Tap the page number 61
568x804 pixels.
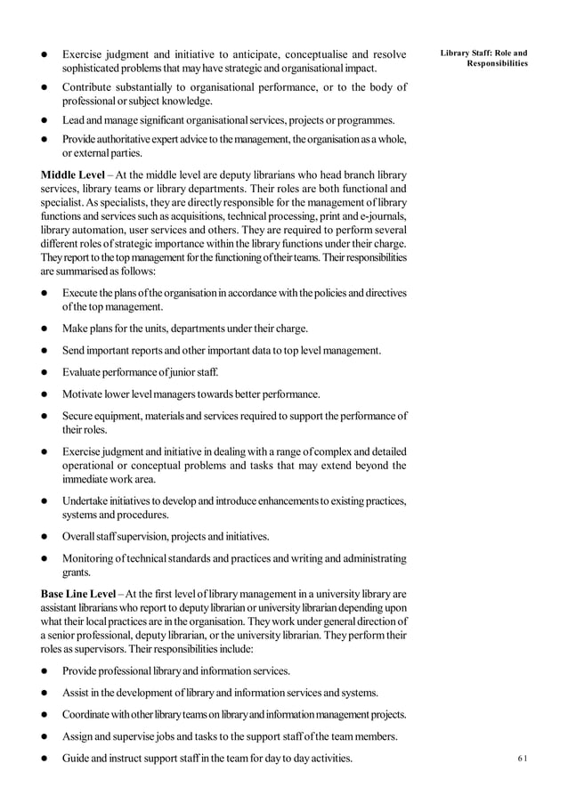pyautogui.click(x=522, y=758)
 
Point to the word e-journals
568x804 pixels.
pyautogui.click(x=381, y=217)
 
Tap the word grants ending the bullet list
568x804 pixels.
pyautogui.click(x=77, y=573)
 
